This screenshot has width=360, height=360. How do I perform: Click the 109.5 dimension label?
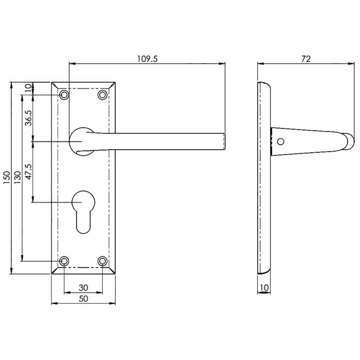[148, 59]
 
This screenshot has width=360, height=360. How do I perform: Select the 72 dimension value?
[305, 59]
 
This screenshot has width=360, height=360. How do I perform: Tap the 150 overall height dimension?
[6, 177]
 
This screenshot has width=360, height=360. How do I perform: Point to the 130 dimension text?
[17, 177]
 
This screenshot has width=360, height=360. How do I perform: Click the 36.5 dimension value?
[29, 118]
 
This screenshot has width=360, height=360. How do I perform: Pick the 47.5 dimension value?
[29, 171]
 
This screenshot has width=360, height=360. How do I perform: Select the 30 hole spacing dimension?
[83, 287]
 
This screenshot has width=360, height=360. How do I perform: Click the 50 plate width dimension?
[83, 298]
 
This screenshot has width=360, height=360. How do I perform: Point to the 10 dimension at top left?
[29, 88]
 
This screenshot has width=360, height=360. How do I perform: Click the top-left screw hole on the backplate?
[64, 95]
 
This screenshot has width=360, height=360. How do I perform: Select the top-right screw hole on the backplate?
[102, 95]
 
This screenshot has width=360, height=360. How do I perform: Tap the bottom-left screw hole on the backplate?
[64, 261]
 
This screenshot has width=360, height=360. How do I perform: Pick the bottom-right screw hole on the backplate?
[102, 261]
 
